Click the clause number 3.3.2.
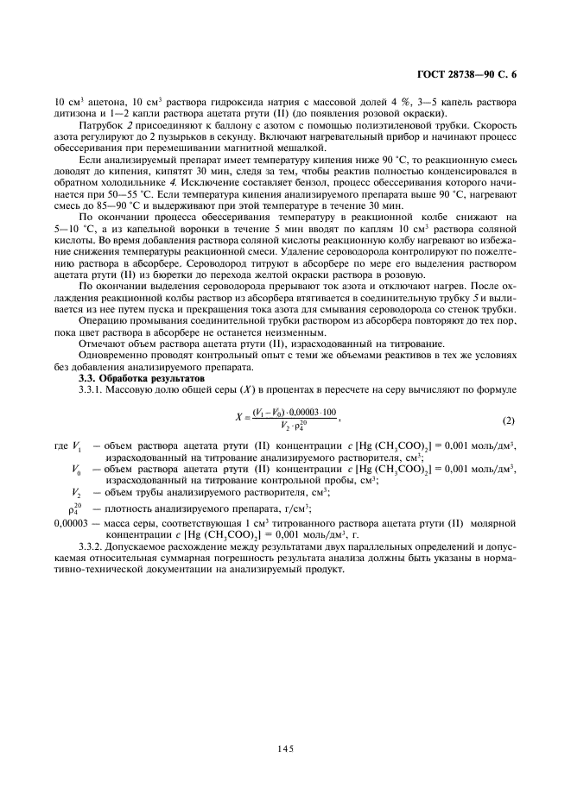click(93, 546)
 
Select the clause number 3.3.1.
click(93, 389)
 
